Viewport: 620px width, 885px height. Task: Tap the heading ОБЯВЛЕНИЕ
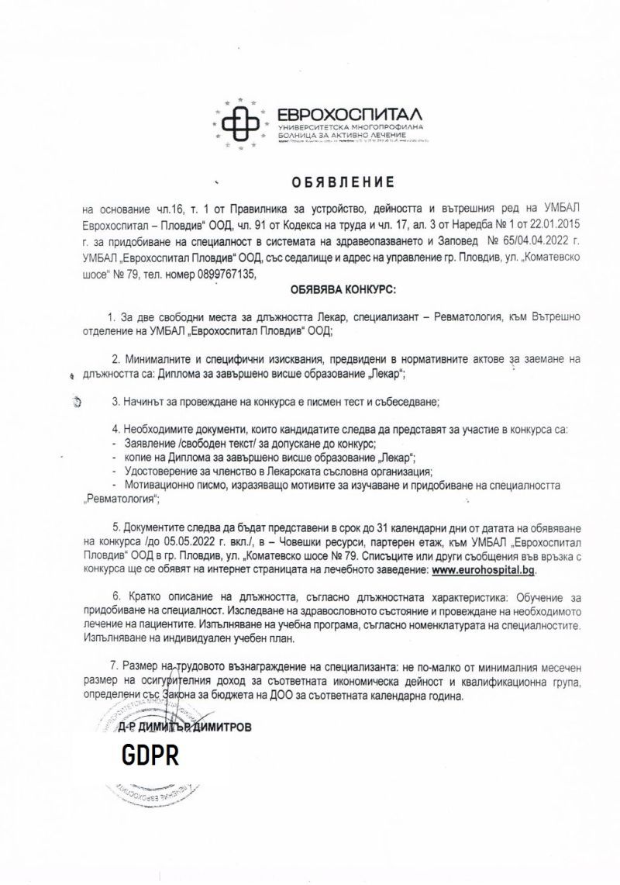click(x=343, y=182)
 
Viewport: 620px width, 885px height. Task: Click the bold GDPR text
click(x=150, y=755)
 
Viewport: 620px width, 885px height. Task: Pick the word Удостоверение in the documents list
click(x=150, y=472)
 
